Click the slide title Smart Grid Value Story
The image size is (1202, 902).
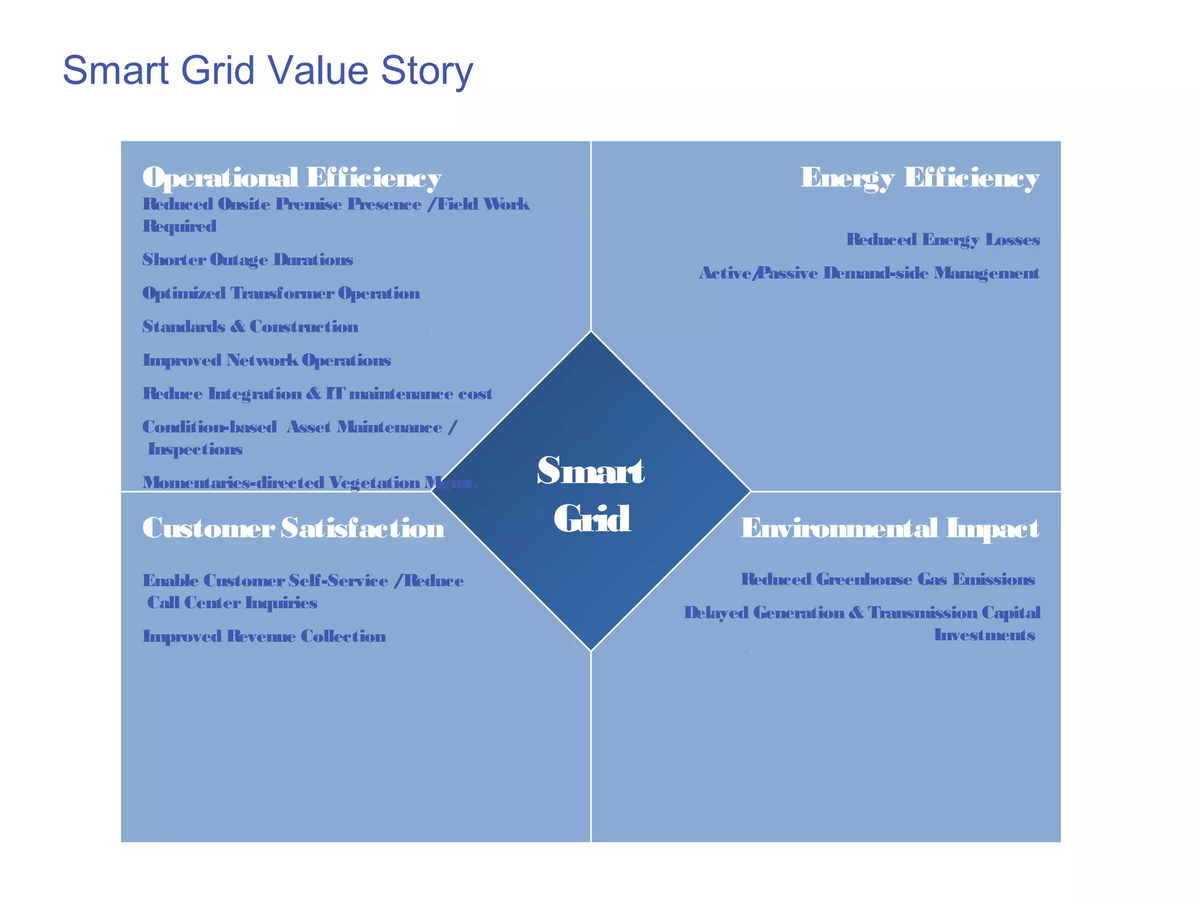coord(268,70)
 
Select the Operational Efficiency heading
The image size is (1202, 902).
coord(292,177)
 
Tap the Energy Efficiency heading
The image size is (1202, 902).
coord(920,177)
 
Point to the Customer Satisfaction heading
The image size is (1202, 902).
coord(293,528)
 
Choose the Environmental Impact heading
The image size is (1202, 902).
coord(890,528)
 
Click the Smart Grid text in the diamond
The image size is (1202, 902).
coord(591,494)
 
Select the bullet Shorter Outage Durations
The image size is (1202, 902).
coord(248,260)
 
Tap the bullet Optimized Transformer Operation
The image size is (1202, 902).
coord(281,293)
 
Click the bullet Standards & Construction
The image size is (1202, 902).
coord(250,327)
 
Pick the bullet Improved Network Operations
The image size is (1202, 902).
coord(266,360)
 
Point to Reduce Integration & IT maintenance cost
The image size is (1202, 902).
coord(317,393)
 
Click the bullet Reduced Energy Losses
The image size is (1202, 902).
coord(943,240)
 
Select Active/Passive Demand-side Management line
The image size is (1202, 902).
coord(869,273)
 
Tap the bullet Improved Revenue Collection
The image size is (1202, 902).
coord(264,637)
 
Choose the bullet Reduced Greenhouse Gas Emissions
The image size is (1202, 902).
coord(887,580)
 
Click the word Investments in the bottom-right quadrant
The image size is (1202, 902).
coord(984,635)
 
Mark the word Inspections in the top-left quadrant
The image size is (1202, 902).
coord(195,449)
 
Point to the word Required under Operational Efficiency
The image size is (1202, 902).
coord(180,226)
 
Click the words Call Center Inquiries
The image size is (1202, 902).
coord(232,603)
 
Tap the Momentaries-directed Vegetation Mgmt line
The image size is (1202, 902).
coord(309,483)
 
